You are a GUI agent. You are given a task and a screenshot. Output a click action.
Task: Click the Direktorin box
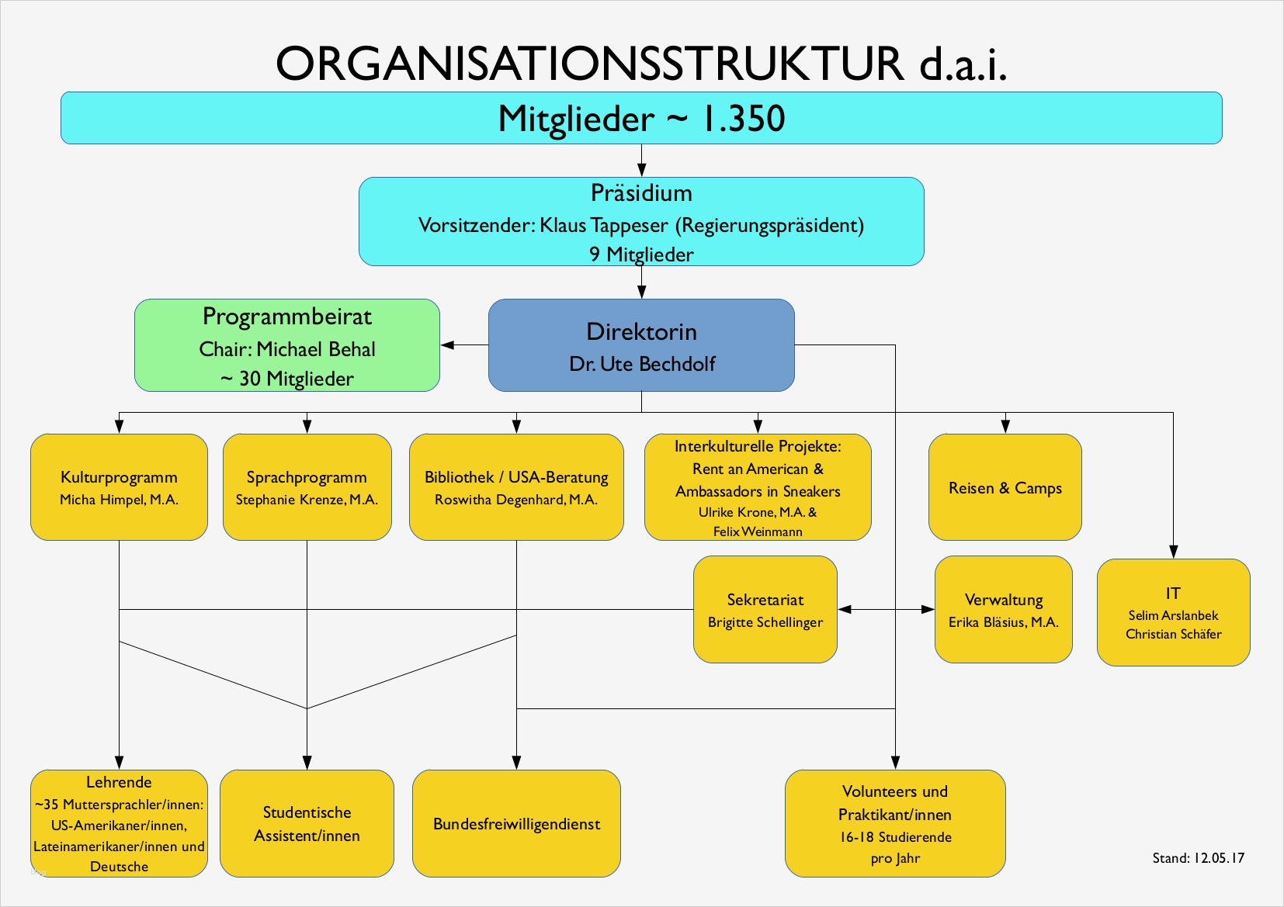(641, 345)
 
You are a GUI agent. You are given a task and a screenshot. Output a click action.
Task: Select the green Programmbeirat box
(287, 345)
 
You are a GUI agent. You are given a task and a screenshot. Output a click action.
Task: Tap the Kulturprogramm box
(119, 487)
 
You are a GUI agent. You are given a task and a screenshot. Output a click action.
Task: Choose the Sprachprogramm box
(307, 487)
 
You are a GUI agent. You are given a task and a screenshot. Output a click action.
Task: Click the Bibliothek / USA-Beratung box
(516, 487)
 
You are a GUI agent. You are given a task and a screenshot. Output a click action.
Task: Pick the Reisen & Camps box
(1005, 487)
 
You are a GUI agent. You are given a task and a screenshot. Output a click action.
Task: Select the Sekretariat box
(765, 610)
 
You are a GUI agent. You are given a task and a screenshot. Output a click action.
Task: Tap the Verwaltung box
(1004, 610)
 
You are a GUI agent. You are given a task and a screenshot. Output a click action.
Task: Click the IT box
(1173, 612)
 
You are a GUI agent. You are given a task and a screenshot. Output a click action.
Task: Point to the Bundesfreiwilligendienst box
(516, 824)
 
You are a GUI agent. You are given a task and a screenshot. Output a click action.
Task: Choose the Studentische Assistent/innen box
(307, 824)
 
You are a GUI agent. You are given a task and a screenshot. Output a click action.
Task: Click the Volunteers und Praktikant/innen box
(895, 824)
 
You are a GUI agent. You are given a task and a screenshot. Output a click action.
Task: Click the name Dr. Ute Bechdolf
(642, 364)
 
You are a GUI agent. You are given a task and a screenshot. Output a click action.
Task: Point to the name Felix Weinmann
(758, 532)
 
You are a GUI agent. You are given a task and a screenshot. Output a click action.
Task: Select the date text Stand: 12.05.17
(1198, 858)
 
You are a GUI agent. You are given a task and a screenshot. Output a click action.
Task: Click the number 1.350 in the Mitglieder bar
(743, 119)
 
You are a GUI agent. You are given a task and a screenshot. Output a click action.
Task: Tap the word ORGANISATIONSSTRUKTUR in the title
(590, 64)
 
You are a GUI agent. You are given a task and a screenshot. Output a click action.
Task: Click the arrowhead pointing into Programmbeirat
(448, 345)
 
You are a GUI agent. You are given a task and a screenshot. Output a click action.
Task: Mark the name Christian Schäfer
(1173, 635)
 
